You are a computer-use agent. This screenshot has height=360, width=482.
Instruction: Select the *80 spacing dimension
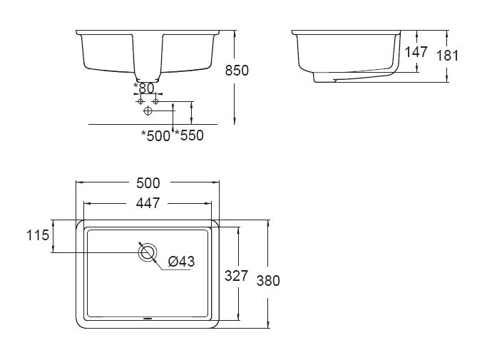point(145,88)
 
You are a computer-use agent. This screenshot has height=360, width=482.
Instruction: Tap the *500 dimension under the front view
point(155,135)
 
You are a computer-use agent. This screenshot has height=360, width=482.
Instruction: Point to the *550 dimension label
point(190,135)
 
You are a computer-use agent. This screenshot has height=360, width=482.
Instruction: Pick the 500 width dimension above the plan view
point(147,182)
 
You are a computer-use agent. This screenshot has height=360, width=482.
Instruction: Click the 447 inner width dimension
point(147,202)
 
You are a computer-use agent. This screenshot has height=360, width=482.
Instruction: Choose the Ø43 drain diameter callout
point(181,262)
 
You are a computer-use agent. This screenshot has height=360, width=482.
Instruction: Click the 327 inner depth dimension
point(235,276)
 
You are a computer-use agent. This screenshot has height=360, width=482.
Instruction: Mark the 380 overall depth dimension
point(268,280)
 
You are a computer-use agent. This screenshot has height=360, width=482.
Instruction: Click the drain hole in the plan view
point(148,252)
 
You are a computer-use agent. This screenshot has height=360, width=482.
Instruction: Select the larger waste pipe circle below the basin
point(148,111)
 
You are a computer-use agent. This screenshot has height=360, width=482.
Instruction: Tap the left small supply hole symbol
point(140,102)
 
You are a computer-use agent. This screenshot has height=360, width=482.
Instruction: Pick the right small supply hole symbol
point(155,102)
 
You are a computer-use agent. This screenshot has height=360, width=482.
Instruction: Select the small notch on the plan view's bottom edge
point(148,319)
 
